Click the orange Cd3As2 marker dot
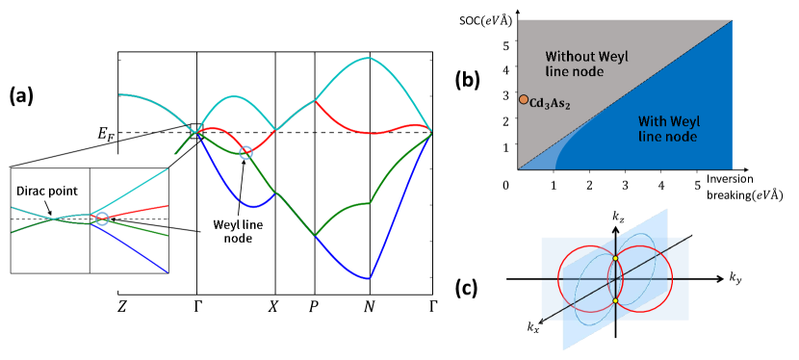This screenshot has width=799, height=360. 523,99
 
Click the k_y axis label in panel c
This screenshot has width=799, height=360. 735,280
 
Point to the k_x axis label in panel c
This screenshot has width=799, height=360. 533,328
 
